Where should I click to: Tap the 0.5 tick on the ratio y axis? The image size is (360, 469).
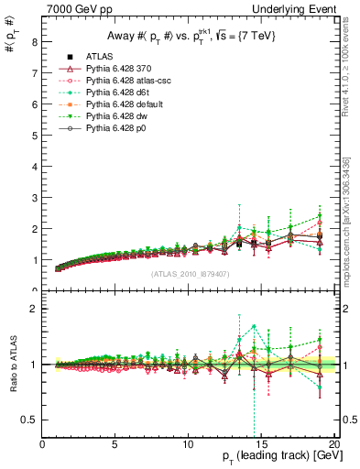pyautogui.click(x=30, y=420)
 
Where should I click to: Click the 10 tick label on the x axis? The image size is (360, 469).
pyautogui.click(x=188, y=444)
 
